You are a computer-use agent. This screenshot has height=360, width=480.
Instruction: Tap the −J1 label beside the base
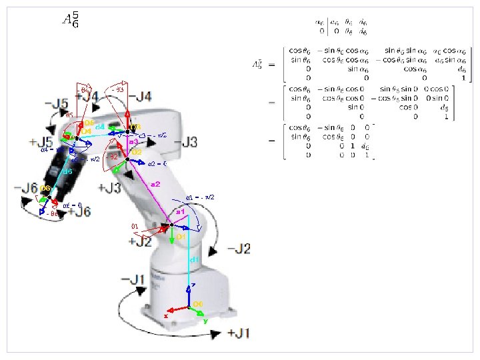click(133, 279)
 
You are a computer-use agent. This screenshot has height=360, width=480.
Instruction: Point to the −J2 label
click(239, 249)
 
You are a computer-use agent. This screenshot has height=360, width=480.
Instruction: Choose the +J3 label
click(109, 188)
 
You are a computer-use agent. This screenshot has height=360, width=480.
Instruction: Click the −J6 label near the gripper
click(25, 188)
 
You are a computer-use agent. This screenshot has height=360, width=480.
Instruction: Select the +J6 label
click(79, 211)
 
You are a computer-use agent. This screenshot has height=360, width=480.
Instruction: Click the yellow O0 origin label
click(198, 305)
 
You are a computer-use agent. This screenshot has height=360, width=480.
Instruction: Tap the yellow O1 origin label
click(180, 237)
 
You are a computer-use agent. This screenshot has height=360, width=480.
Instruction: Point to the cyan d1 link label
click(194, 259)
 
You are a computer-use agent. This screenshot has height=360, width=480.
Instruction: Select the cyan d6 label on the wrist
click(67, 171)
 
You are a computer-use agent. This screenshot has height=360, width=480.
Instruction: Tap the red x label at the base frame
click(166, 315)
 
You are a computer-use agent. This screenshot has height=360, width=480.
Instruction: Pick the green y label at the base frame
click(205, 321)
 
